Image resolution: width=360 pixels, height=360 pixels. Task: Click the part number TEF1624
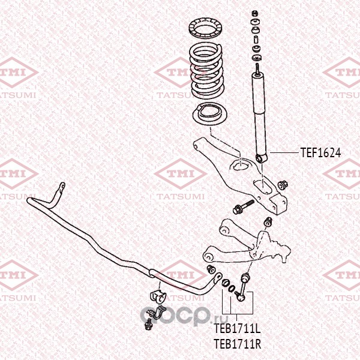[x=320, y=153]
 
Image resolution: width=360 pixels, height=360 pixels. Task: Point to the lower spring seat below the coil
[x=206, y=115]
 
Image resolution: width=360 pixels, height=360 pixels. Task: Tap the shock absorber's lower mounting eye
[x=260, y=158]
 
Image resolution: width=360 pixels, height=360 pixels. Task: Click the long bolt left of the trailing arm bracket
[x=244, y=207]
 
